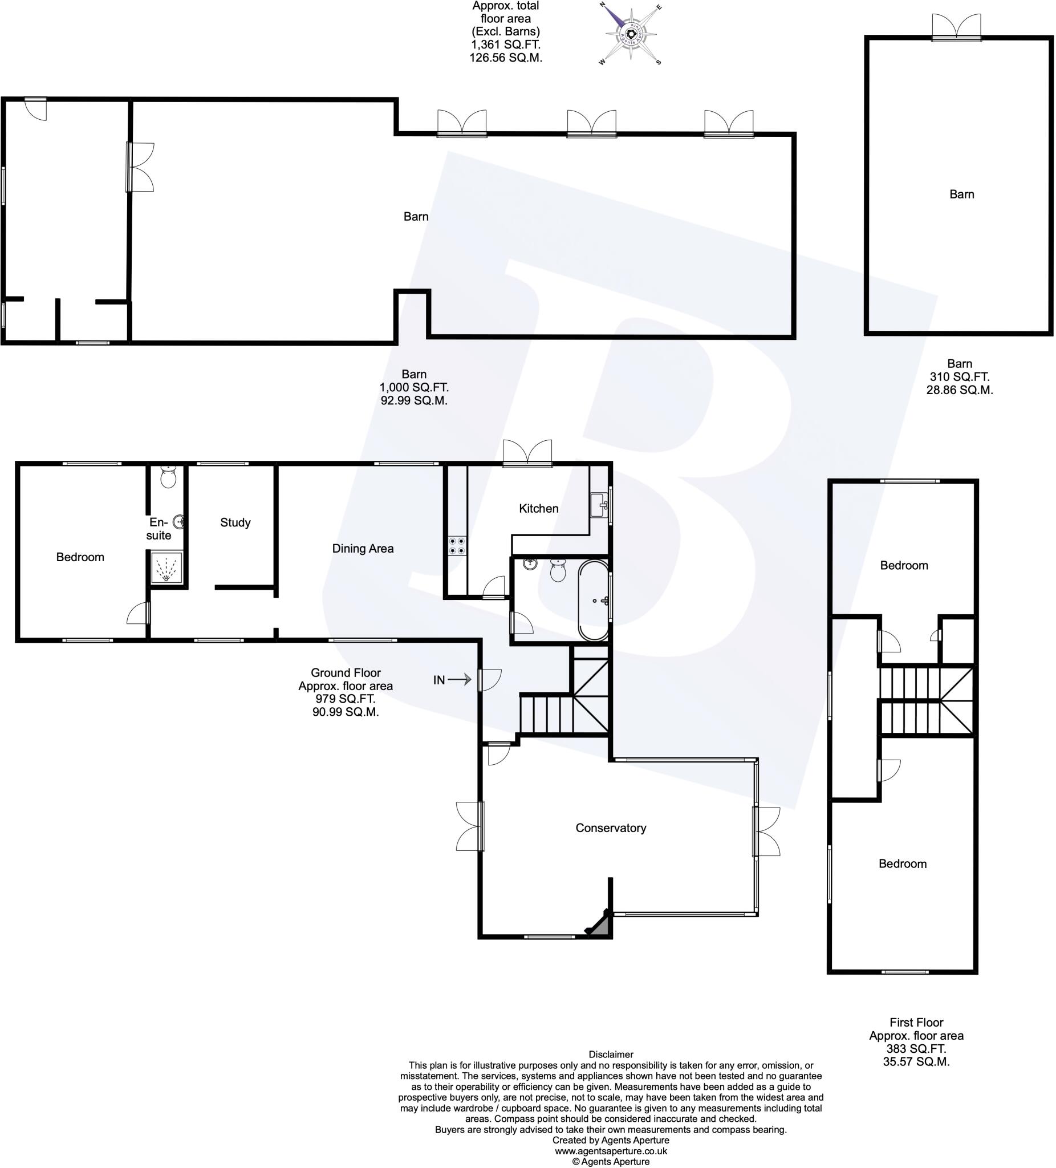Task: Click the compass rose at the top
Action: (630, 34)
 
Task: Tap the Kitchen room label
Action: (538, 509)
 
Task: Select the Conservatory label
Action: (611, 828)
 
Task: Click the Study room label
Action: (235, 522)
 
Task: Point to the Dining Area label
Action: (363, 549)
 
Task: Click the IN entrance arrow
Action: (459, 680)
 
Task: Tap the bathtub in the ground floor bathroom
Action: (593, 600)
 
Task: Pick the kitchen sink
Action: (598, 505)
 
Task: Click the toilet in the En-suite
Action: (168, 477)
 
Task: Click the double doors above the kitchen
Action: (527, 453)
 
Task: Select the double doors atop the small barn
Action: (956, 27)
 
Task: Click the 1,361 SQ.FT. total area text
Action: (505, 44)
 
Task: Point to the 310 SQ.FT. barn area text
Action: (959, 376)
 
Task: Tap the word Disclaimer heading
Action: (611, 1055)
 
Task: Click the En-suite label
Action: (158, 529)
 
